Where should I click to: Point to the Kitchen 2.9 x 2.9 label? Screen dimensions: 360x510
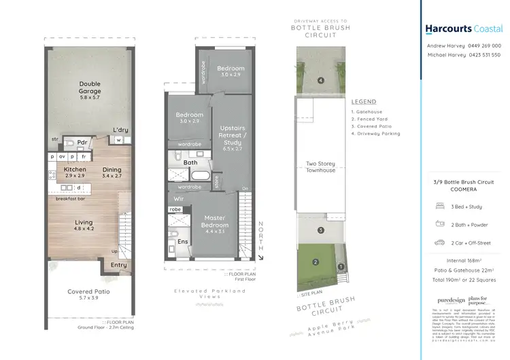74,173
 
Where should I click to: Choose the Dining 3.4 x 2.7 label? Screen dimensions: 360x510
112,173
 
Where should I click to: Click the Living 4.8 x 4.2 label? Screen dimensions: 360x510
83,226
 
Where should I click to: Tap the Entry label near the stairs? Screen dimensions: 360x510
118,265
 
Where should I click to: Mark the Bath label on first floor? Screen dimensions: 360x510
190,162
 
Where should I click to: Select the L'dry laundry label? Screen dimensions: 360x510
120,130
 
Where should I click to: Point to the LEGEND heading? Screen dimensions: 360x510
364,101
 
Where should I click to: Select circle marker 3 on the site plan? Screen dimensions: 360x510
320,230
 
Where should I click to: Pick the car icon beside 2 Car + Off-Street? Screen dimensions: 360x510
439,242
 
